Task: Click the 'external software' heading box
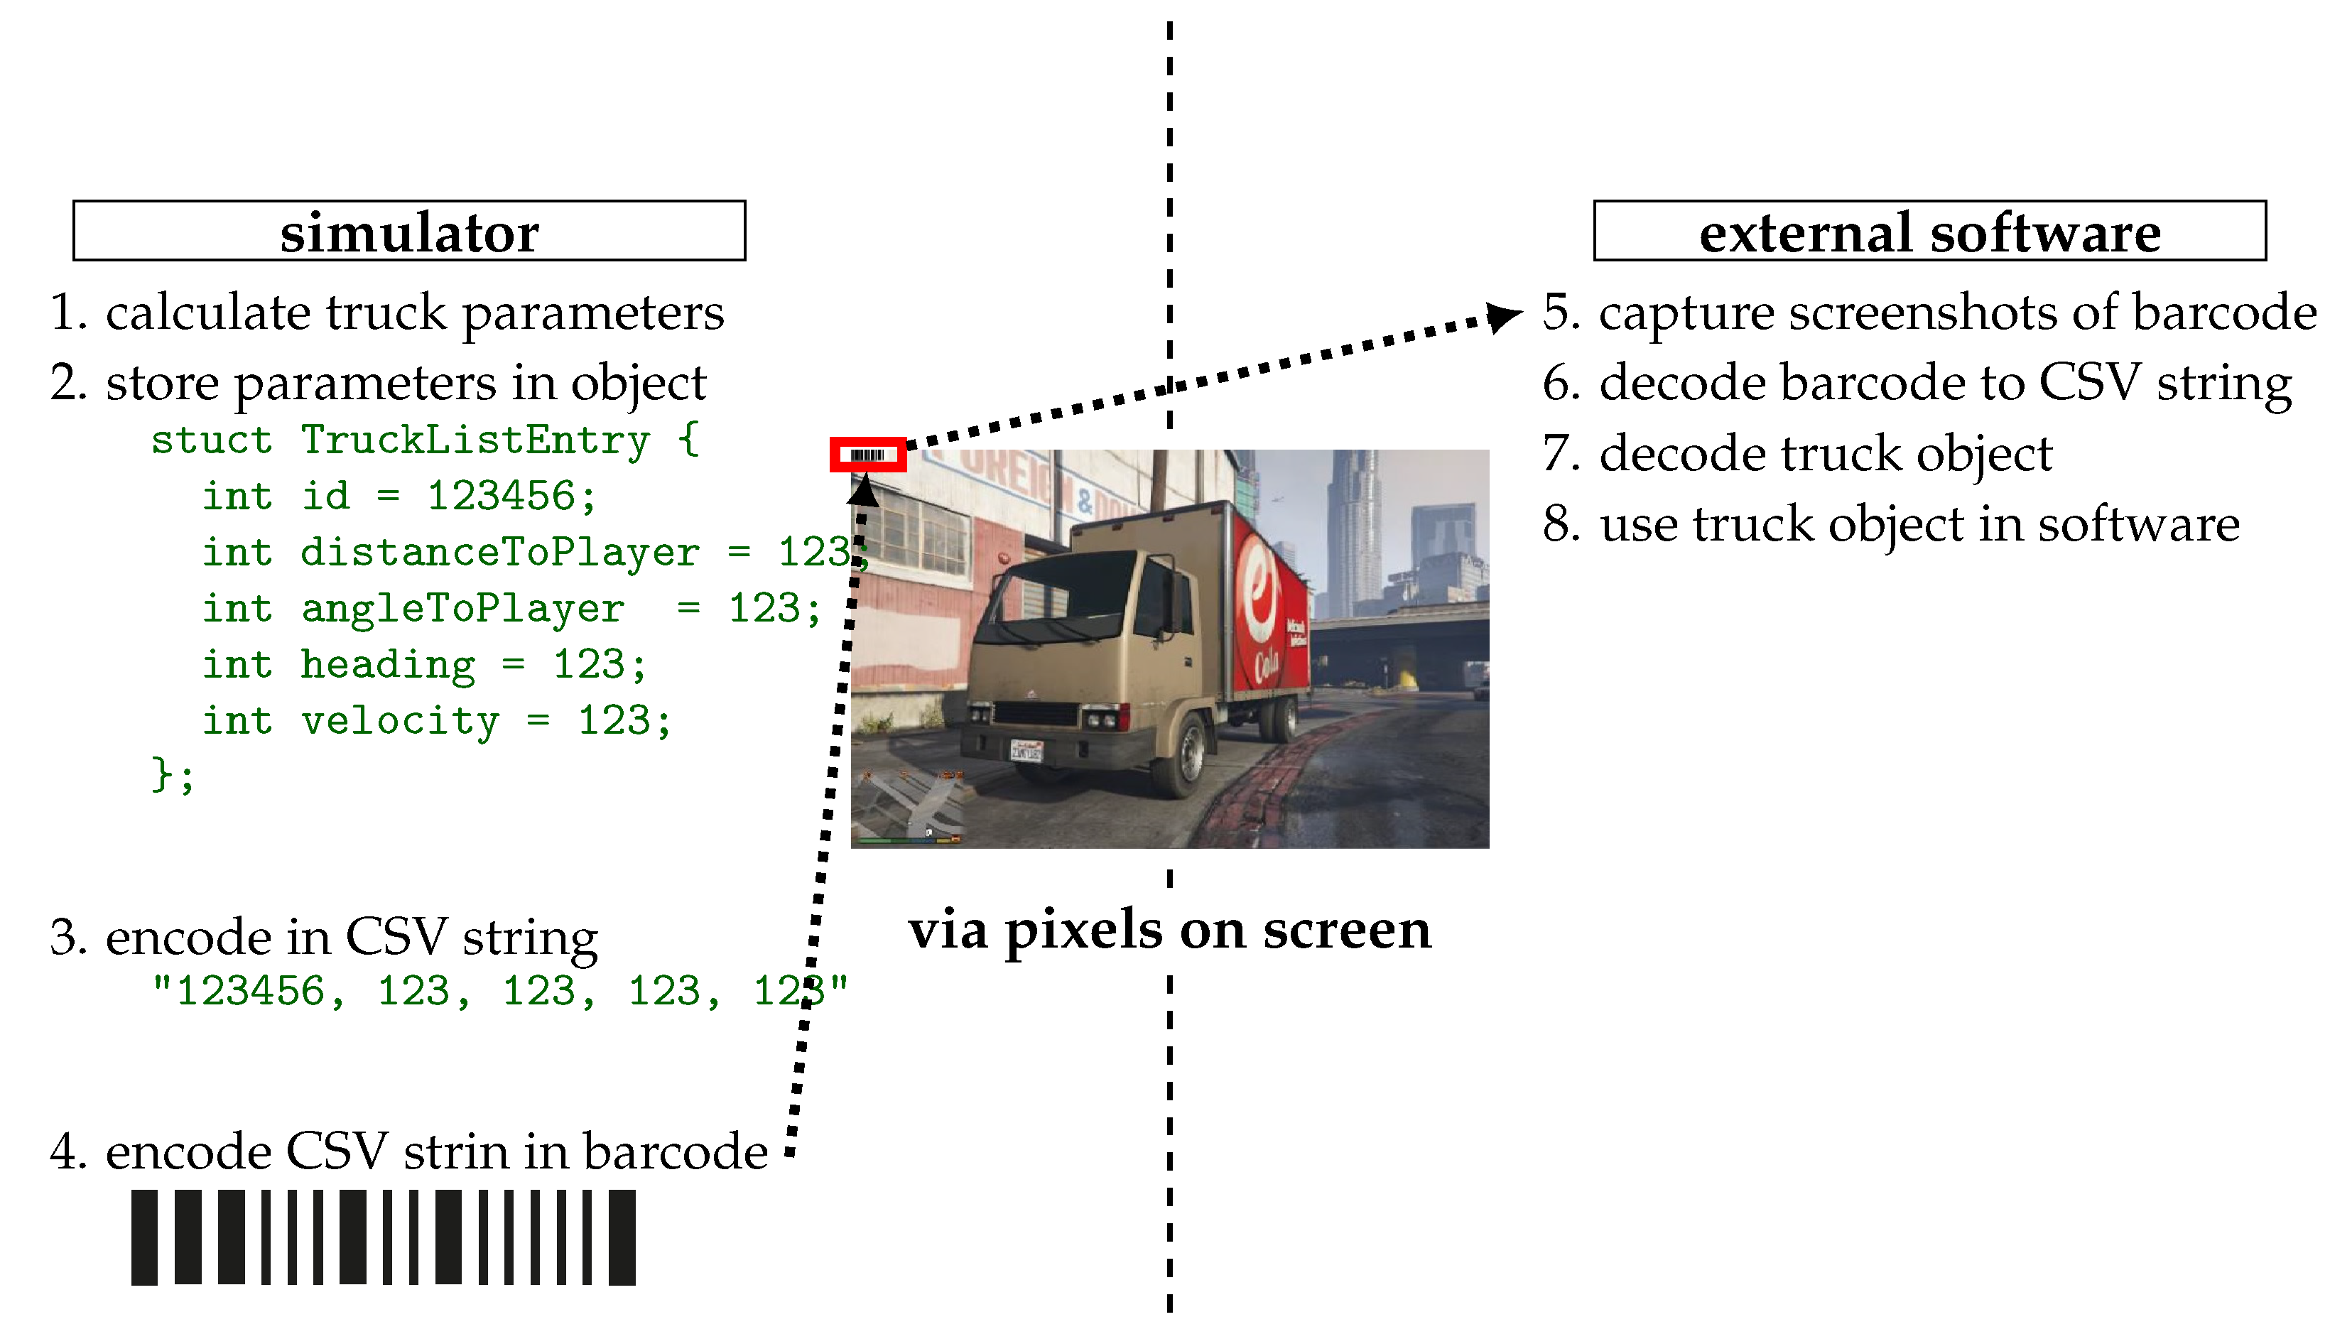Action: pos(1929,231)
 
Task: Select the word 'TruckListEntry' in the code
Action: pos(475,440)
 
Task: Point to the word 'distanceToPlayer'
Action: pos(499,553)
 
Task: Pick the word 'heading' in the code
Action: pos(388,665)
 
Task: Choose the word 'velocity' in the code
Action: pos(399,721)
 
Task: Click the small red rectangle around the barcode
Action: pos(867,455)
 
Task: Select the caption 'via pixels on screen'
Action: pos(1169,929)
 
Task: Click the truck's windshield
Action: pos(1053,586)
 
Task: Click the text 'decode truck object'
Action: pos(1825,453)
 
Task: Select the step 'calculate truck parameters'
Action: pos(414,313)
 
